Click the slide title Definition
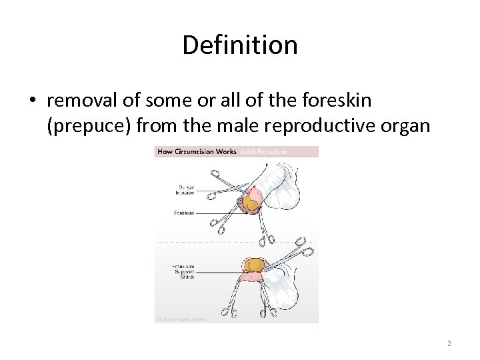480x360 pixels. pos(239,45)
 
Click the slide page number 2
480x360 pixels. pos(449,343)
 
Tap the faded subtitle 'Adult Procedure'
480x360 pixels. pos(263,151)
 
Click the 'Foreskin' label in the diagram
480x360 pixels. pos(184,213)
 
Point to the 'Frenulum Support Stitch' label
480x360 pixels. pos(184,273)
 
